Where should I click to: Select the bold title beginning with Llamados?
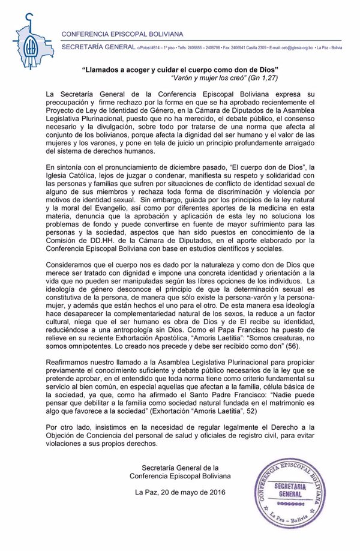[x=179, y=70]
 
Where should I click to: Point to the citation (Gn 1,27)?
[x=266, y=78]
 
